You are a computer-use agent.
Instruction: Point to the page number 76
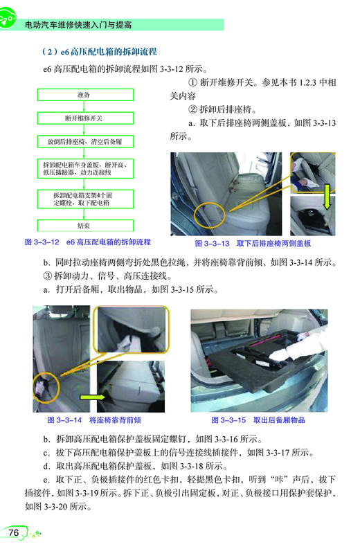point(15,532)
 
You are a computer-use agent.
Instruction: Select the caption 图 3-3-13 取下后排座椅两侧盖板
point(253,244)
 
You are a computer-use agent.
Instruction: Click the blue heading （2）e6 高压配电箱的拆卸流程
point(100,51)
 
